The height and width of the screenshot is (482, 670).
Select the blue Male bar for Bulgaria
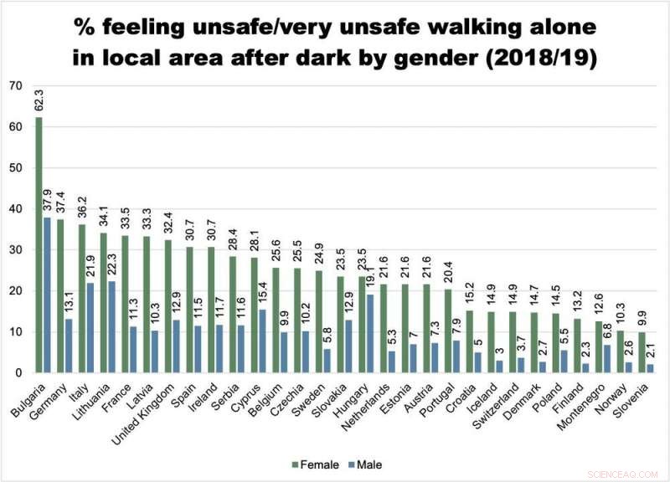point(47,295)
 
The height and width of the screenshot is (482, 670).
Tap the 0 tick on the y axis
point(18,372)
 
